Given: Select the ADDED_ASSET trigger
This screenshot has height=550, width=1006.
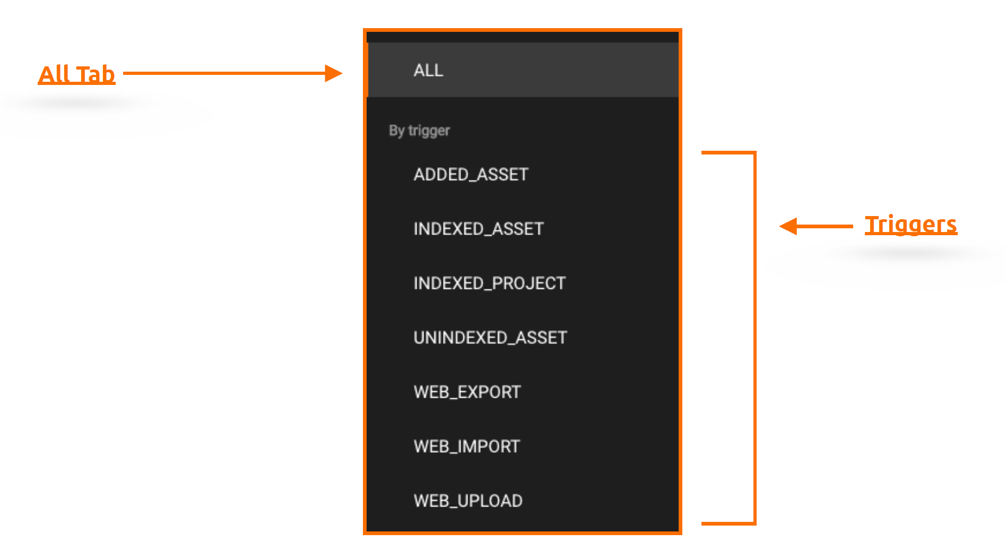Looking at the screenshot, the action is tap(471, 174).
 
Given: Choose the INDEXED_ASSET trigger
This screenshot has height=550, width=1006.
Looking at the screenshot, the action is tap(479, 229).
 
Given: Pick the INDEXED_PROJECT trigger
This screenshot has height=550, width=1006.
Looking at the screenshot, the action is tap(490, 283).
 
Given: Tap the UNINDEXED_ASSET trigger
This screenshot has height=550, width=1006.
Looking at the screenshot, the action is tap(490, 338).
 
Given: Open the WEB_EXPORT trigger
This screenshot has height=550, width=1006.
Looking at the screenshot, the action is tap(467, 392).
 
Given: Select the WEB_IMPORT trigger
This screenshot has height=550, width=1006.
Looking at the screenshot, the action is tap(466, 446).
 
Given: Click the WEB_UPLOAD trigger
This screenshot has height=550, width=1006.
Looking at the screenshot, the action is tap(468, 501).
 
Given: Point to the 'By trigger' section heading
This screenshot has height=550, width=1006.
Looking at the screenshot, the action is tap(419, 131).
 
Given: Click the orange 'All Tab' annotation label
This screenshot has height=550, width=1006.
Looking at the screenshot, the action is tap(77, 74).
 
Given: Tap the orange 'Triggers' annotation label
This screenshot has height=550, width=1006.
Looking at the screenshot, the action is tap(911, 225).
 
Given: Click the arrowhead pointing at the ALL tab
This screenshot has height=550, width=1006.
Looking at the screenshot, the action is tap(334, 73).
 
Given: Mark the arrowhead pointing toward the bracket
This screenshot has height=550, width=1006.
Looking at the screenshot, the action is tap(788, 226).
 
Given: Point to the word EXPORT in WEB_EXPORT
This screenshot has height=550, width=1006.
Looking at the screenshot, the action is tap(489, 392).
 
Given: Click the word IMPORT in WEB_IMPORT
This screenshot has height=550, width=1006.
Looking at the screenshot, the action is tap(489, 446).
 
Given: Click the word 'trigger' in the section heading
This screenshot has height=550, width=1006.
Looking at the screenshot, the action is tap(429, 131).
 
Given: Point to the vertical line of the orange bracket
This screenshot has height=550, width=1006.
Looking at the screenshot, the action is tap(754, 338).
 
